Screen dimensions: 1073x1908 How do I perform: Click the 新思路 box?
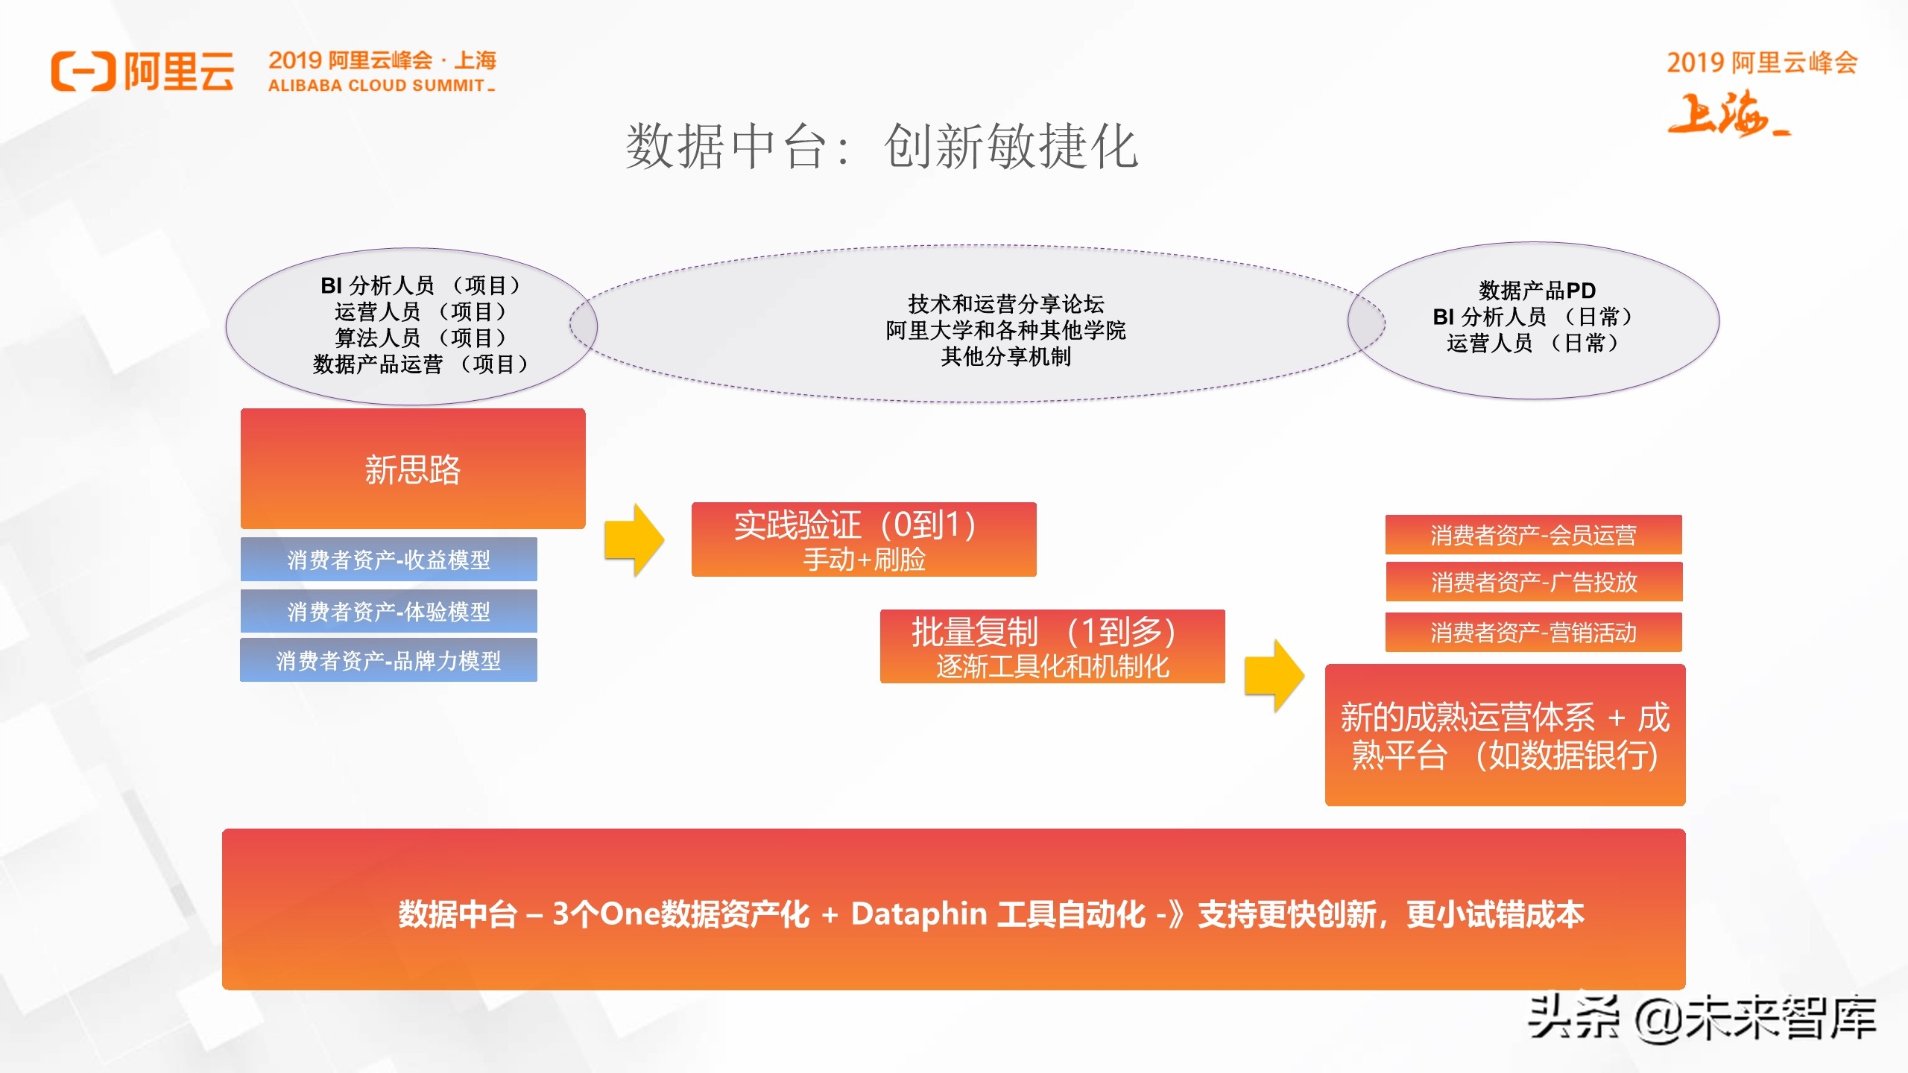tap(413, 469)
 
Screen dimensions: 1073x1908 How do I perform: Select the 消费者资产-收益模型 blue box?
tap(388, 560)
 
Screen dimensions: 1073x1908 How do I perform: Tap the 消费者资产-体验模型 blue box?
tap(388, 612)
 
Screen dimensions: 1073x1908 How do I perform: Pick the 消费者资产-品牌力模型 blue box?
tap(388, 660)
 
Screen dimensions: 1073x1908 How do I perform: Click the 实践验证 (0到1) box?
tap(864, 539)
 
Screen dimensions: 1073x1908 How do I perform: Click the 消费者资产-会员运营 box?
tap(1533, 535)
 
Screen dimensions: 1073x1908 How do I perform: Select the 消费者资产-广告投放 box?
tap(1534, 582)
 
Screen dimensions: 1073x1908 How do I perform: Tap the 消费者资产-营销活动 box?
tap(1533, 633)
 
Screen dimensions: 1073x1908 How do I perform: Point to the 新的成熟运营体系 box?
tap(1505, 735)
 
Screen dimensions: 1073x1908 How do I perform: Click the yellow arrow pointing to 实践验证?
tap(634, 539)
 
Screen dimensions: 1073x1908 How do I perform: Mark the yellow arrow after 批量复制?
tap(1274, 676)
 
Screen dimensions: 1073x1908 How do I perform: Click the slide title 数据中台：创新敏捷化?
tap(882, 146)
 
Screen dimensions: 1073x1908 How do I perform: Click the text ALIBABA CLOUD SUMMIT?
tap(377, 86)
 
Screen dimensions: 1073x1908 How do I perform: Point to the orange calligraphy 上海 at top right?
tap(1726, 115)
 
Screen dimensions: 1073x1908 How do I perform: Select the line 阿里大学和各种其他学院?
tap(1005, 330)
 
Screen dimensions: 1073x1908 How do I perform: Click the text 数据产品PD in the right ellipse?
tap(1537, 290)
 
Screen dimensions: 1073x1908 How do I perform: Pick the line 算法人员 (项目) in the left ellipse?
tap(420, 338)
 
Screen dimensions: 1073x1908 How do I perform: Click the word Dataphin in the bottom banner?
tap(919, 914)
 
